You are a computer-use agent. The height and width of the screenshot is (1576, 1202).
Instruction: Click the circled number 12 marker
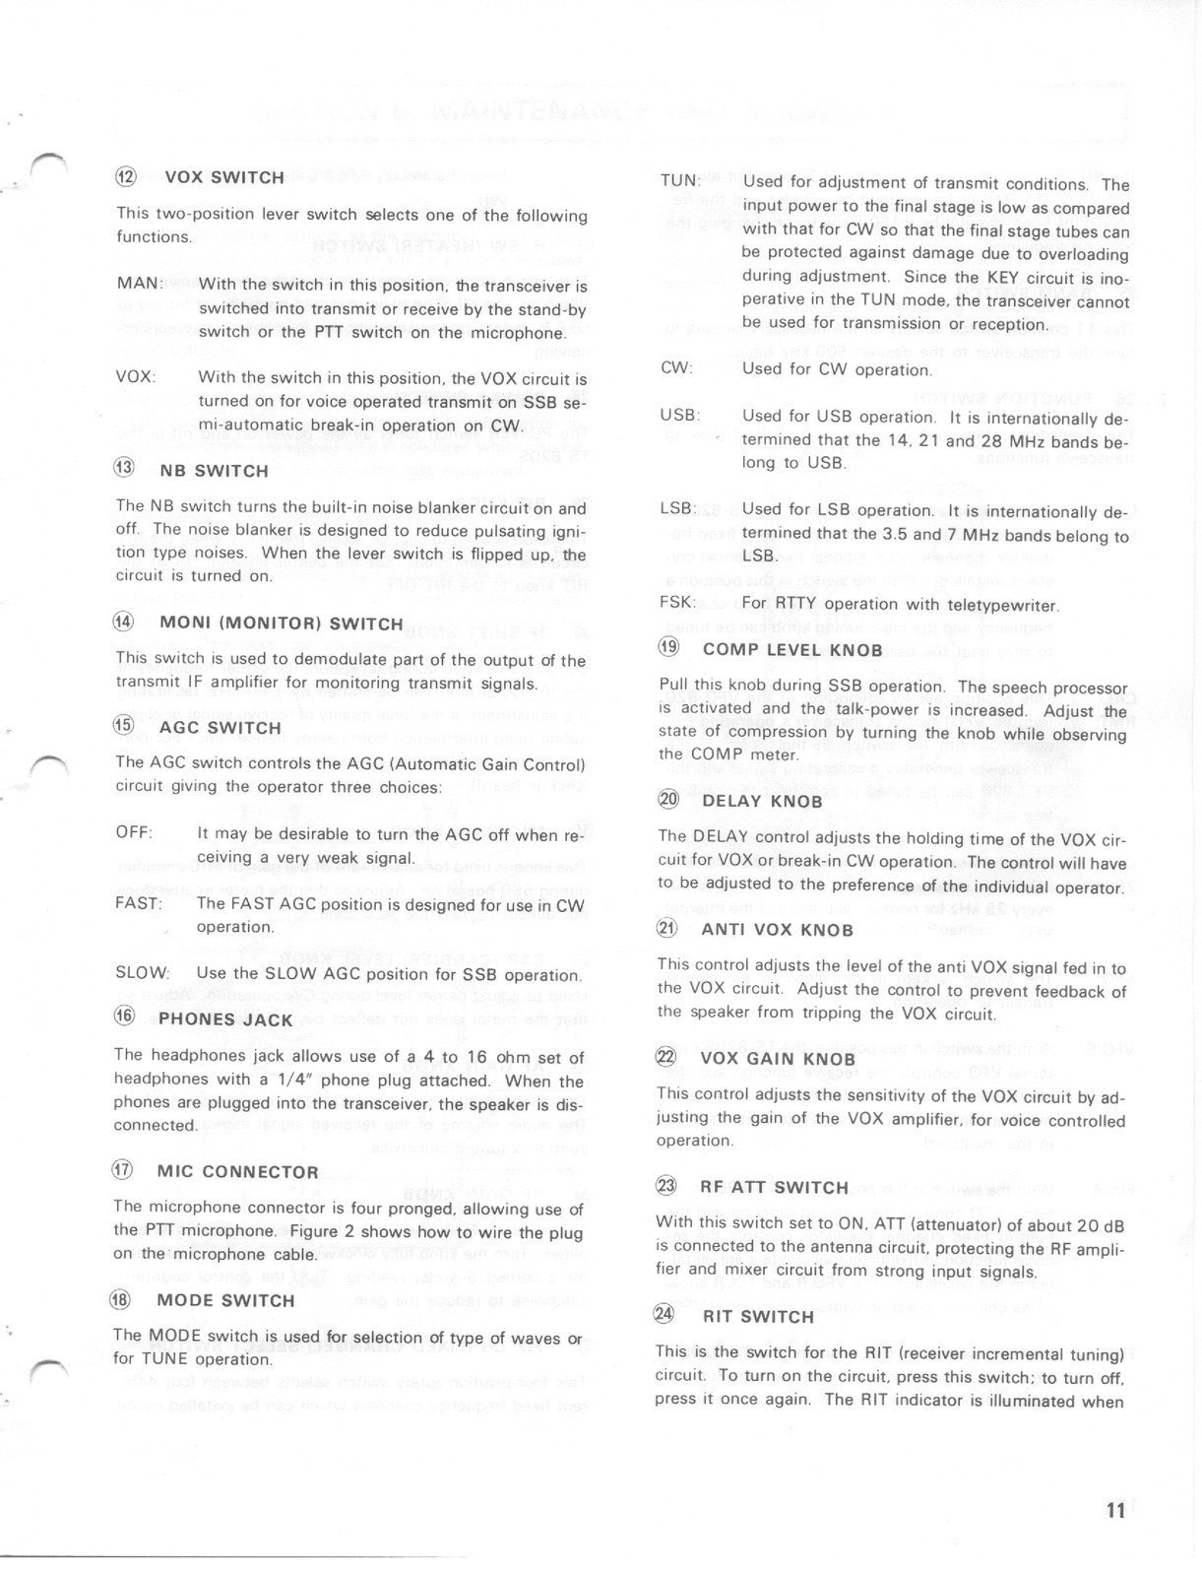tap(127, 177)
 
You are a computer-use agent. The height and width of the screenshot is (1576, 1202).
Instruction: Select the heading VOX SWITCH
tap(224, 178)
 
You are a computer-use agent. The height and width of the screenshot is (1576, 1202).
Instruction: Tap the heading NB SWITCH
tap(214, 471)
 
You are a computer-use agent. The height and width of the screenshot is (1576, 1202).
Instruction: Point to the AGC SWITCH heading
tap(220, 728)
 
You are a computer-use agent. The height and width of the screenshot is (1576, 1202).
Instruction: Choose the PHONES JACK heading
tap(225, 1019)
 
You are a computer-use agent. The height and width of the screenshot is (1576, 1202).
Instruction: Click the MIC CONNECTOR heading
tap(237, 1172)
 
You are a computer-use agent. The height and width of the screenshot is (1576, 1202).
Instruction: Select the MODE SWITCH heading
tap(225, 1301)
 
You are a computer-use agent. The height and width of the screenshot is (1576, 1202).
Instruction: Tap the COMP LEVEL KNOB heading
tap(792, 650)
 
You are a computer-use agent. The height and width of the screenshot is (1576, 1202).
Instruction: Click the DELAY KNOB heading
tap(762, 801)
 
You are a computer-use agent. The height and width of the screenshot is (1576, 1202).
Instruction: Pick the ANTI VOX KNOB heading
tap(777, 930)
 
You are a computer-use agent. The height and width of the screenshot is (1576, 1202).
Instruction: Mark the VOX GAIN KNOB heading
tap(778, 1059)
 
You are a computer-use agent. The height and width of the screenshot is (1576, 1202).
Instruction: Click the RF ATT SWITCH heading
tap(774, 1188)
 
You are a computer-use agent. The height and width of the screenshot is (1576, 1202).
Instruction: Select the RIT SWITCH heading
tap(757, 1317)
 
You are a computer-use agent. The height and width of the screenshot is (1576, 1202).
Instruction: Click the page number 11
tap(1115, 1511)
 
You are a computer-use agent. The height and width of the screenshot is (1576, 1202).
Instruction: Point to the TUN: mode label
tap(679, 181)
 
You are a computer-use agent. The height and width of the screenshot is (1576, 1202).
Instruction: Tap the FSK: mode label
tap(677, 603)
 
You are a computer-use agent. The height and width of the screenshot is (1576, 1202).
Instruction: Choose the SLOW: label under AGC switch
tap(142, 973)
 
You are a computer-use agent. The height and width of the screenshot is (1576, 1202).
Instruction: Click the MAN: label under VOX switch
tap(139, 284)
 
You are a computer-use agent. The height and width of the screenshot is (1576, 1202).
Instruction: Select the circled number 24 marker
tap(666, 1316)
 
